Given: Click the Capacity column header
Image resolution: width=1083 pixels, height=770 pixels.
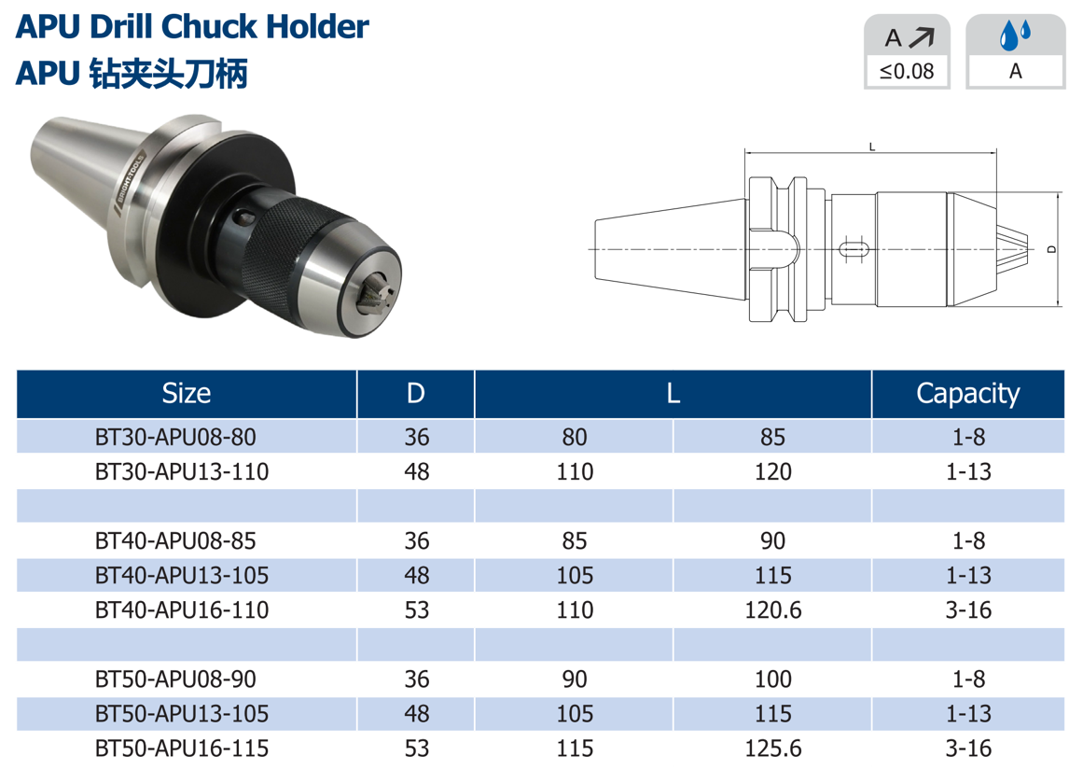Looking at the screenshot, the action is tap(967, 393).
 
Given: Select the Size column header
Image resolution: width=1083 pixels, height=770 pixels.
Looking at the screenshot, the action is tap(187, 393).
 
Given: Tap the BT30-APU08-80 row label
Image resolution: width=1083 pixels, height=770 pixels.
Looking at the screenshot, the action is tap(175, 437).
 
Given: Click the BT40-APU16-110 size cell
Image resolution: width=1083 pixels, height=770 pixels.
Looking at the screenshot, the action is tap(182, 609).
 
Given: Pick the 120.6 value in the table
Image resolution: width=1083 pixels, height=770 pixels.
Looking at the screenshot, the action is tap(773, 609).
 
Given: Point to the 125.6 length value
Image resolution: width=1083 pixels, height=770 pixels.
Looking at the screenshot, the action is tap(773, 748).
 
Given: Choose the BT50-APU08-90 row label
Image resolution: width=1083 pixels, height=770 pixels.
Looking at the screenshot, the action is tap(175, 679).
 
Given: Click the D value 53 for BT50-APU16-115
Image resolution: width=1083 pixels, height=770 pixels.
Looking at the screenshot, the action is tap(416, 748).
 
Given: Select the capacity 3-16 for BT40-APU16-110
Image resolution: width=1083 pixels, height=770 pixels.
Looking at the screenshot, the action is tap(968, 609).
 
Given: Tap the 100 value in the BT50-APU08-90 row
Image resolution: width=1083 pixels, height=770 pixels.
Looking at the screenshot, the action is tap(773, 679).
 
